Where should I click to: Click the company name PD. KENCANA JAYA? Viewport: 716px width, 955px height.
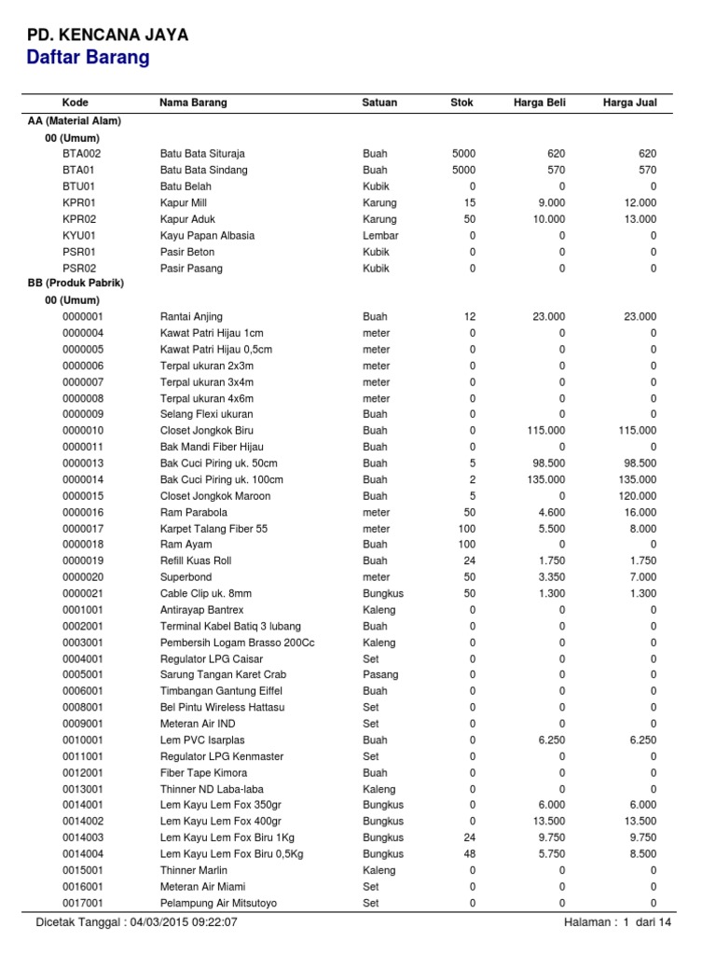[107, 35]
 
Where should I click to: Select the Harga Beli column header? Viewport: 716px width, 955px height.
[539, 103]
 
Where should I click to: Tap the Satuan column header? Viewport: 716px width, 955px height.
[380, 103]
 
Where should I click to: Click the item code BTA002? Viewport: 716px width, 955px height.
[82, 154]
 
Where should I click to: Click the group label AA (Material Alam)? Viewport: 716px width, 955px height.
[75, 121]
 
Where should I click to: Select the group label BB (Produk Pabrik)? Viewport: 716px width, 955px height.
[76, 283]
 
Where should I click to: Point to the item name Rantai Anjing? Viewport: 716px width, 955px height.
[191, 317]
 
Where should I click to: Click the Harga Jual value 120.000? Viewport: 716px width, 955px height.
[634, 496]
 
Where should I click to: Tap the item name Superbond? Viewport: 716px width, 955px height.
[186, 577]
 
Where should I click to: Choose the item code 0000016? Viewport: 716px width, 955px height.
[84, 512]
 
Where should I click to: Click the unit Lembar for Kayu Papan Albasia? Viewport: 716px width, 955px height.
[380, 236]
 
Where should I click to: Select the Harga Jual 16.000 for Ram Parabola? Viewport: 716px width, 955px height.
[637, 512]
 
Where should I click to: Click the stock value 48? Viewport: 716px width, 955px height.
[470, 853]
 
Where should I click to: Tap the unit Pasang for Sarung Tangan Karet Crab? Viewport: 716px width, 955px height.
[380, 674]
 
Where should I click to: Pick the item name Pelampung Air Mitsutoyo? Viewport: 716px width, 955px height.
[218, 903]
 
